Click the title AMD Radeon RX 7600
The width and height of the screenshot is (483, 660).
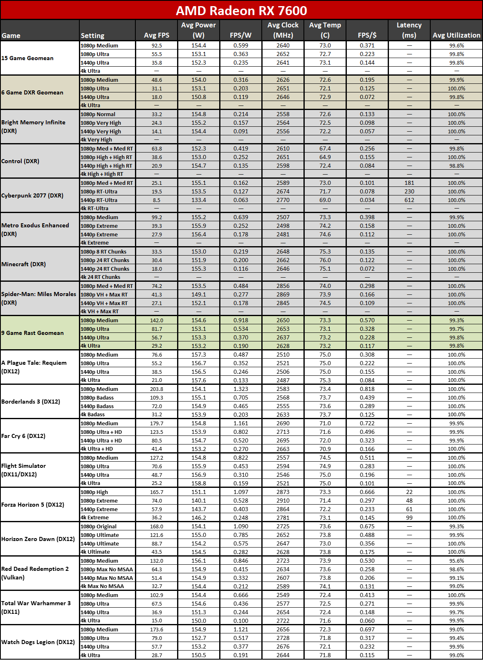241,11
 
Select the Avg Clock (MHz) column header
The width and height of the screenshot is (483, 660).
283,30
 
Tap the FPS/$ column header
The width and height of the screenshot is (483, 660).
367,35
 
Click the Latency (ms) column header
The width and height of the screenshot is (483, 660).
409,30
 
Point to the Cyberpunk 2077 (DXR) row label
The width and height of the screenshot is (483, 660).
32,195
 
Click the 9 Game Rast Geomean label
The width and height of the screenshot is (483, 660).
32,333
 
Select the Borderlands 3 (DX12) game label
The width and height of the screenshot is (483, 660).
31,402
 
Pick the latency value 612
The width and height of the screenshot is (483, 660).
409,200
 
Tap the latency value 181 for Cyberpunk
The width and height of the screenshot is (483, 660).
409,183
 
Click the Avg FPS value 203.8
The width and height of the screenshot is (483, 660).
157,389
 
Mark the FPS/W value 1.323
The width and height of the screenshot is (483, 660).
240,389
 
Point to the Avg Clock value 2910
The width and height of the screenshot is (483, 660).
283,501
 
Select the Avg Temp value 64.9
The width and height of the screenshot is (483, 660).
325,157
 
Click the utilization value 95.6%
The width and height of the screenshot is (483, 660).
456,561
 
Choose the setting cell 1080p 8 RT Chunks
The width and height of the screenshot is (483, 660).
103,252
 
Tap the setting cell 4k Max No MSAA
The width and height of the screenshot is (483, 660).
102,586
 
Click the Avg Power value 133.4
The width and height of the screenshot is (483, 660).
198,200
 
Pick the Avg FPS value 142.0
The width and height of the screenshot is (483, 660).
157,321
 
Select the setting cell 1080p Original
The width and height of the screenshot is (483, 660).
99,527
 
